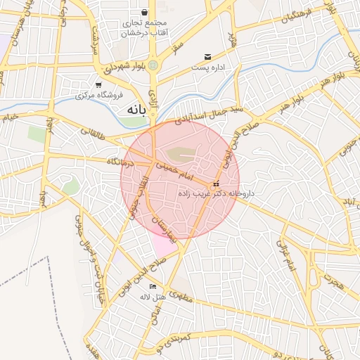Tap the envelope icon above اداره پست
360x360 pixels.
click(207, 57)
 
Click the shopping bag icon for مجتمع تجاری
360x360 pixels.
click(145, 13)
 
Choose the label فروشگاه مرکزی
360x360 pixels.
click(99, 94)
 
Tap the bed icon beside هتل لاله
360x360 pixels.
click(153, 286)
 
